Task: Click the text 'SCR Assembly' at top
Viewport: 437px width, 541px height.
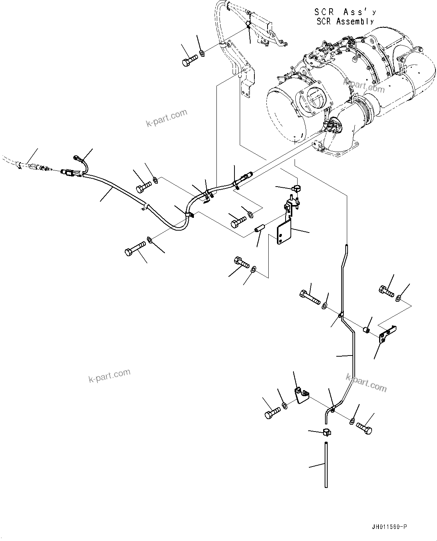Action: pyautogui.click(x=345, y=21)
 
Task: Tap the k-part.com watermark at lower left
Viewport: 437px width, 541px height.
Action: pyautogui.click(x=109, y=375)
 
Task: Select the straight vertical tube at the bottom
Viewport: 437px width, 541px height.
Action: pyautogui.click(x=326, y=465)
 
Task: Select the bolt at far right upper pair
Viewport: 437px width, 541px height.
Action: pyautogui.click(x=386, y=291)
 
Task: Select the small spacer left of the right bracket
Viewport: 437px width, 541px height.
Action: pyautogui.click(x=367, y=331)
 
